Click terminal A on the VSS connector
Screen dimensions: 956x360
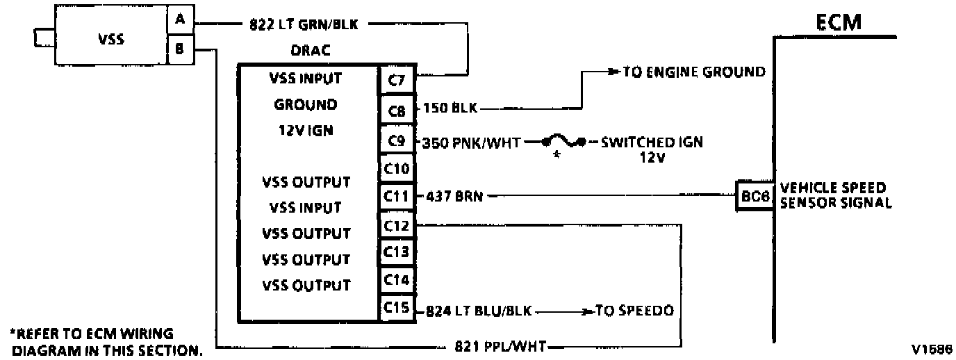(181, 19)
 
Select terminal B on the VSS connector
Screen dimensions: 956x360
(181, 49)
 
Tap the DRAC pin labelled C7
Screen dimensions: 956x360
(397, 80)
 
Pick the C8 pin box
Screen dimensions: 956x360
(397, 111)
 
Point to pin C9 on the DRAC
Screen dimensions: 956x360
(397, 140)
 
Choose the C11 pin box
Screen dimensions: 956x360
(397, 196)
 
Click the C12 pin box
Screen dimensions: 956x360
(397, 225)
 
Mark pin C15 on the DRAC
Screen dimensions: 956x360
(397, 307)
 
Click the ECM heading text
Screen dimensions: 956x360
(839, 22)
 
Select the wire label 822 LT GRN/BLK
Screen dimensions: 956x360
(304, 24)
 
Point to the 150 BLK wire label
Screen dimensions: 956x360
(450, 108)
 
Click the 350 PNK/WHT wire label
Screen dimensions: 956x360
(471, 142)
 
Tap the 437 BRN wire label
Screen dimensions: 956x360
(454, 197)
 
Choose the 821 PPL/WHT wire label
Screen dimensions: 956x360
(500, 346)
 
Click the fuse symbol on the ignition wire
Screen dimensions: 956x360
(563, 142)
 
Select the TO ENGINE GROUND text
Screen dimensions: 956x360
(694, 72)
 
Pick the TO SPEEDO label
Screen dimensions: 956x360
(634, 311)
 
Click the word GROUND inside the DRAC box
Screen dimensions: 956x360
(306, 105)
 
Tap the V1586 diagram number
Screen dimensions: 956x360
(932, 350)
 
